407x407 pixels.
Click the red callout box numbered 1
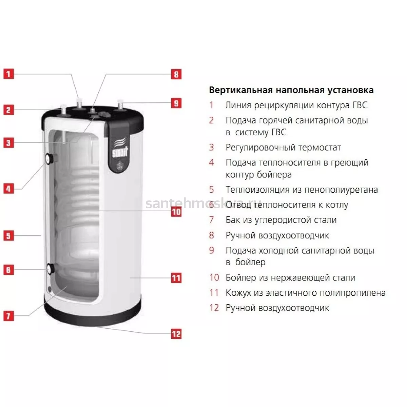(x=8, y=74)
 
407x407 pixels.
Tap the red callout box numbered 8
(x=176, y=74)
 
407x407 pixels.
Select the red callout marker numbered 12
(x=176, y=334)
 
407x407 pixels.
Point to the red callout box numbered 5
(x=8, y=235)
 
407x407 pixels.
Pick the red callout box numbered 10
(x=176, y=212)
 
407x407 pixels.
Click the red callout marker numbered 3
(x=8, y=143)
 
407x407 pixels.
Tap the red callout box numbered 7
(x=8, y=316)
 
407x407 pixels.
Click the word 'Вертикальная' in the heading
(x=240, y=90)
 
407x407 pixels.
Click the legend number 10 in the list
(x=214, y=277)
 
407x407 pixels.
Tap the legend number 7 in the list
(x=212, y=220)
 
